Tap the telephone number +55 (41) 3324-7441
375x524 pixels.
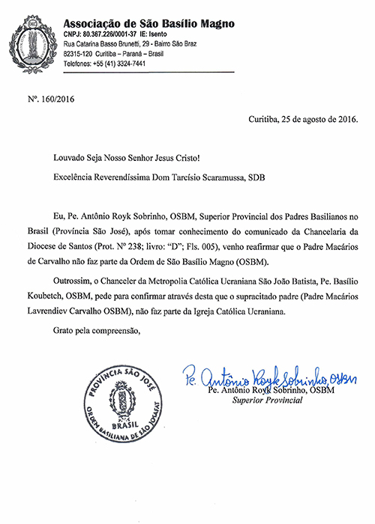coord(121,64)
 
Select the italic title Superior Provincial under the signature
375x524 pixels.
coord(266,401)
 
